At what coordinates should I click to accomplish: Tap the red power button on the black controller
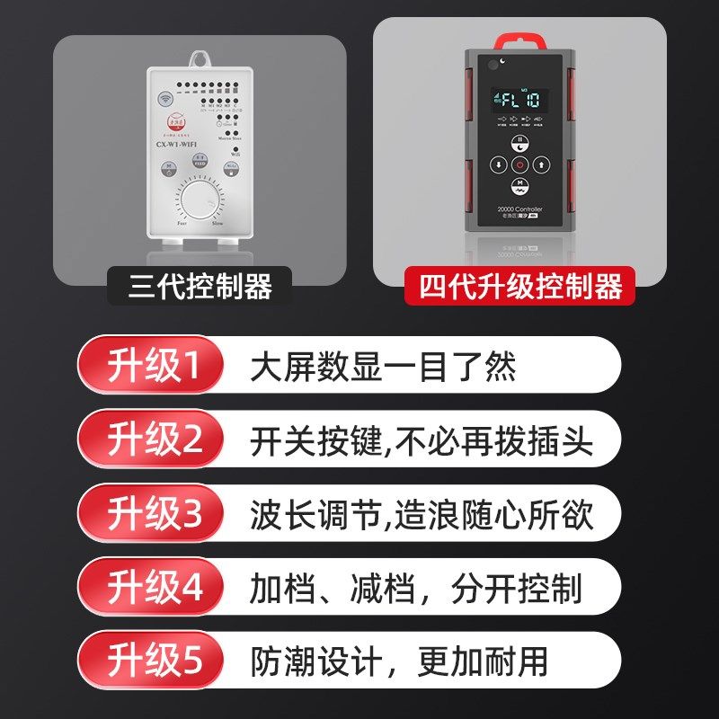point(519,164)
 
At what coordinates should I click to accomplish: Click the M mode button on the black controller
point(519,186)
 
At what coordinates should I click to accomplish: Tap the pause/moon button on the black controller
point(519,144)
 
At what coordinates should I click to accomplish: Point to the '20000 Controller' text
point(519,209)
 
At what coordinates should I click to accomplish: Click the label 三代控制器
point(200,288)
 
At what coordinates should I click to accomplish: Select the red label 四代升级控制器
point(519,288)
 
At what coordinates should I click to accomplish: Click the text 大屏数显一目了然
point(383,367)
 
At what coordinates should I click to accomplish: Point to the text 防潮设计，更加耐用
point(399,662)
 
